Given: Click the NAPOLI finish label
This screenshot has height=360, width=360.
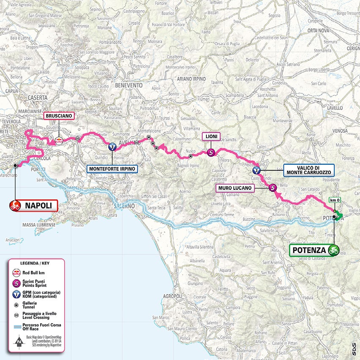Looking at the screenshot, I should (39, 206).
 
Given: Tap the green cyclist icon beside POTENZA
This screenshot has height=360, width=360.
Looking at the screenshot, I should (333, 250).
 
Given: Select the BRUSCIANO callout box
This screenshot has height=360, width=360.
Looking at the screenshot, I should (59, 115).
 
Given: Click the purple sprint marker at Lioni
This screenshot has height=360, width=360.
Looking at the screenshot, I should (211, 153).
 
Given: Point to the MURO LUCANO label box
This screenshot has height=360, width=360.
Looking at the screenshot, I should (235, 187).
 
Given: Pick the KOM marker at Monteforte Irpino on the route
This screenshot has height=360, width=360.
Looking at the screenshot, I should (112, 147).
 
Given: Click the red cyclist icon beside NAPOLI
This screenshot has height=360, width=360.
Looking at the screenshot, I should (16, 206).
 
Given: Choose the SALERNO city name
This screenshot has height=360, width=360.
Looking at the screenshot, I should (124, 206).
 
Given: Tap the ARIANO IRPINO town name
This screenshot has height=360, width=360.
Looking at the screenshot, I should (191, 79).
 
